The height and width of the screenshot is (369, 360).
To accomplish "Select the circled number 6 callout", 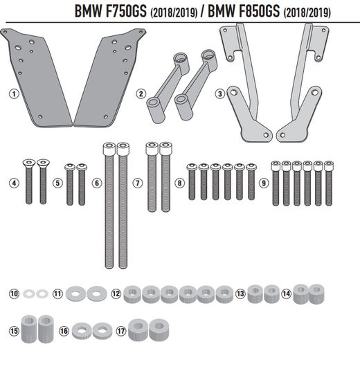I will pyautogui.click(x=96, y=183).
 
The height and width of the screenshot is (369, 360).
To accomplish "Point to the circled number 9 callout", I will pyautogui.click(x=263, y=183).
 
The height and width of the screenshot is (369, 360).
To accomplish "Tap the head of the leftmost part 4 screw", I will pyautogui.click(x=29, y=163).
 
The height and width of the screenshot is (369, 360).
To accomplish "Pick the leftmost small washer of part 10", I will pyautogui.click(x=28, y=294).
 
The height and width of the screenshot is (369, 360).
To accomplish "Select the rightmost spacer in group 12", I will pyautogui.click(x=224, y=294).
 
